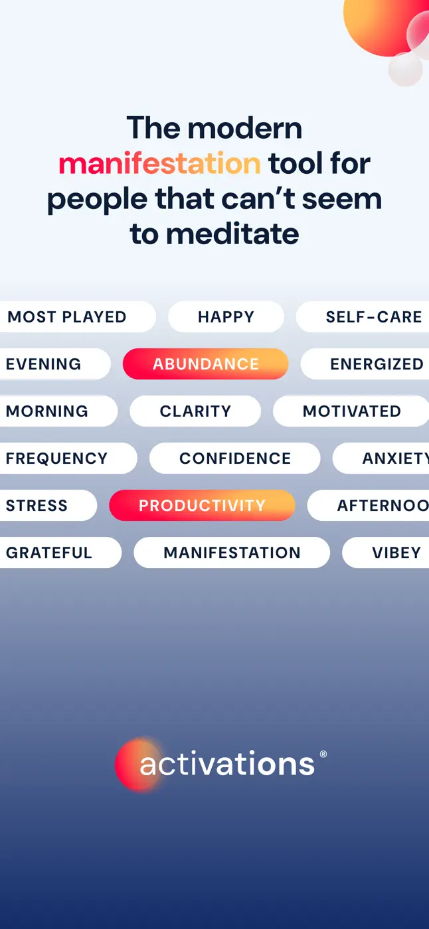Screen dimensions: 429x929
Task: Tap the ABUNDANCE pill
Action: coord(205,364)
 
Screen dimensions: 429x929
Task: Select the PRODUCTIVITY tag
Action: coord(202,505)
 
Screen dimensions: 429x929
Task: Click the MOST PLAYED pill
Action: coord(78,317)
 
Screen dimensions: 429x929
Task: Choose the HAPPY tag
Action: coord(226,317)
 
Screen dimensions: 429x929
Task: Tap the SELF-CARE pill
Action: coord(363,317)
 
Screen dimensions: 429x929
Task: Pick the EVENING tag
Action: coord(55,364)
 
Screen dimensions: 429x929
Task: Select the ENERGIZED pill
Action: coord(365,364)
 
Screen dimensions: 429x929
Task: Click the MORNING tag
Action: coord(58,411)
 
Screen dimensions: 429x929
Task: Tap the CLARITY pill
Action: coord(195,411)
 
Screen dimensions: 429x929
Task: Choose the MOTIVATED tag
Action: coord(351,411)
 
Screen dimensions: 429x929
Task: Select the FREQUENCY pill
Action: coord(68,459)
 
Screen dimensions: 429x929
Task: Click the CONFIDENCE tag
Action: coord(235,459)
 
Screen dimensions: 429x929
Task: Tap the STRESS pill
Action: coord(48,505)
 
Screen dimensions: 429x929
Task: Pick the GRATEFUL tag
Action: coord(60,552)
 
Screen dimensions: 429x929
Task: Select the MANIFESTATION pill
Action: coord(232,552)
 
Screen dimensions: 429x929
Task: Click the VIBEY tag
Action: coord(386,552)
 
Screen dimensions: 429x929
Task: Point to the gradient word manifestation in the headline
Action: coord(160,163)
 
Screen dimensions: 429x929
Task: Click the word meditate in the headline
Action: coord(232,234)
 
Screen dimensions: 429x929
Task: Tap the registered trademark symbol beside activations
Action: coord(323,754)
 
